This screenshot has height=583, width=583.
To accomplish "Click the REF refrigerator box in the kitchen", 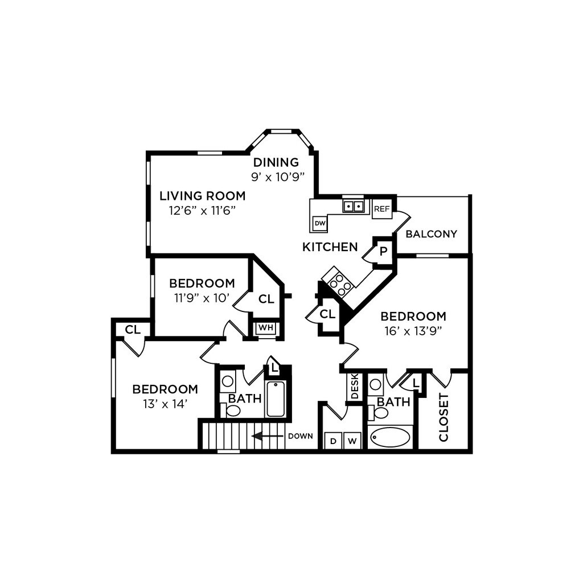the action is click(381, 209).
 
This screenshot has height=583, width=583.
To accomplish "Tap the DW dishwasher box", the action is click(320, 223).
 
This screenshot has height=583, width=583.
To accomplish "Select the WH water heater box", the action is click(266, 328).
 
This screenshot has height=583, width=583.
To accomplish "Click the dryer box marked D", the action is click(334, 440).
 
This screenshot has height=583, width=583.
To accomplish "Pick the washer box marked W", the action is click(352, 440).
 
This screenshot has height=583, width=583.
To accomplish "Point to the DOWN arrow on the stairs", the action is click(268, 436).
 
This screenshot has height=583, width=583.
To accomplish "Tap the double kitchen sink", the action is click(353, 206).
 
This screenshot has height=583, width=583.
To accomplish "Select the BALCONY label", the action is click(432, 234).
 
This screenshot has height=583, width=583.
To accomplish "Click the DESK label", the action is click(354, 387).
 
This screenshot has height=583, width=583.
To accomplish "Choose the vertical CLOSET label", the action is click(444, 417).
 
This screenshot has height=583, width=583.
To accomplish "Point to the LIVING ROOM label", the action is click(203, 196).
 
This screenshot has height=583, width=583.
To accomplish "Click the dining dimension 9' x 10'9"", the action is click(278, 176).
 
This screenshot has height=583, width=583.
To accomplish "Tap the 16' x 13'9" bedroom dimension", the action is click(413, 330).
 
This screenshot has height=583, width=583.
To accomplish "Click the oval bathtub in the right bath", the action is click(390, 437).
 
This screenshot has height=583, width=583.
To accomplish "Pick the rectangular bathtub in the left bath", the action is click(276, 399).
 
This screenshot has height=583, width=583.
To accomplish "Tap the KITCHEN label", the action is click(330, 247).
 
